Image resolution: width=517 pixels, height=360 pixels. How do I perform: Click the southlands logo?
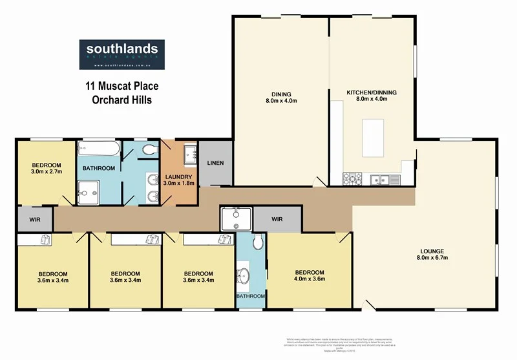[121, 55]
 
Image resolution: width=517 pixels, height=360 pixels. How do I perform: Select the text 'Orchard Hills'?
[122, 100]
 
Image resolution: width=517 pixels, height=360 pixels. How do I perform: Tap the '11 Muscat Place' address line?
[122, 86]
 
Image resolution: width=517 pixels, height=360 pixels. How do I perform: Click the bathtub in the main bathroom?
[99, 149]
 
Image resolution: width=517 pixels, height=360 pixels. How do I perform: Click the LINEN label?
[215, 163]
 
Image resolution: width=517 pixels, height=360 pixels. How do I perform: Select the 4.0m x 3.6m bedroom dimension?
[309, 279]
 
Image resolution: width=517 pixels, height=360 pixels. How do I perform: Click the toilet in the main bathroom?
[149, 150]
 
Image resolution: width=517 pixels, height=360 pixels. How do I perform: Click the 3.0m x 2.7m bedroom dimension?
[45, 172]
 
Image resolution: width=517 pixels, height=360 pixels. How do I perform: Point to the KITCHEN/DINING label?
[372, 93]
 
